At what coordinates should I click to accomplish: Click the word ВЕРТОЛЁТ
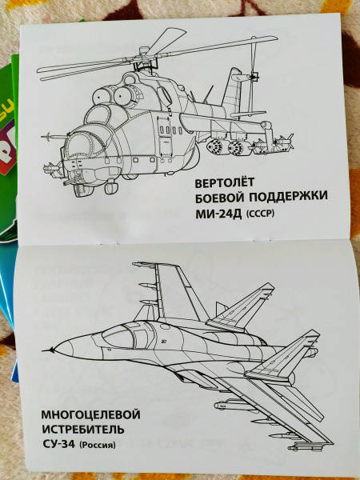pyautogui.click(x=224, y=182)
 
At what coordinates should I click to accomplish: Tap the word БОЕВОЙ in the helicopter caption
pyautogui.click(x=219, y=198)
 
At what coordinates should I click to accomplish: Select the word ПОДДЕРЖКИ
pyautogui.click(x=288, y=197)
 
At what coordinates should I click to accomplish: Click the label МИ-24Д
pyautogui.click(x=219, y=214)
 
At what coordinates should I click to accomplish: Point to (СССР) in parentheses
pyautogui.click(x=260, y=214)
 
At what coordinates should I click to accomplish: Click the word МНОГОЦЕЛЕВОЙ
pyautogui.click(x=91, y=415)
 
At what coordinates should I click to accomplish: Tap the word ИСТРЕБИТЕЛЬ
pyautogui.click(x=83, y=429)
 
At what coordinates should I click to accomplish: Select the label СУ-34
pyautogui.click(x=58, y=443)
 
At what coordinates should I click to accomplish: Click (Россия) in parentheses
pyautogui.click(x=98, y=445)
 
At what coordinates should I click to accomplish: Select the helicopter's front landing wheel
pyautogui.click(x=111, y=187)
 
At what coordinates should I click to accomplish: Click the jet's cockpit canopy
pyautogui.click(x=119, y=337)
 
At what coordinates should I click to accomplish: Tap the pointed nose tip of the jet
pyautogui.click(x=43, y=350)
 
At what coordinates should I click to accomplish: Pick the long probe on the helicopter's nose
pyautogui.click(x=54, y=136)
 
